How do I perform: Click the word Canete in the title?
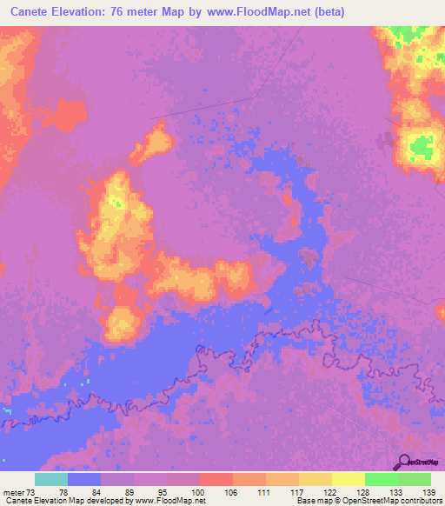[x=32, y=12]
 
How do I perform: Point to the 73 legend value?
[x=33, y=492]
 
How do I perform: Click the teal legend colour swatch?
[x=51, y=480]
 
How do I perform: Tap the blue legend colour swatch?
[x=84, y=480]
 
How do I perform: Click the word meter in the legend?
[x=12, y=492]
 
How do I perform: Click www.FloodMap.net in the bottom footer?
[x=169, y=501]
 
